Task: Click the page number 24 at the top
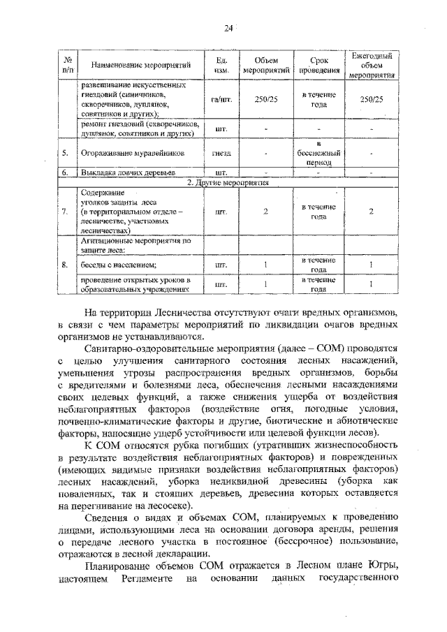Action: tap(228, 28)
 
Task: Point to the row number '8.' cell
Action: tap(65, 265)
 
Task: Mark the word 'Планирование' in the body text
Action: tap(122, 567)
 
